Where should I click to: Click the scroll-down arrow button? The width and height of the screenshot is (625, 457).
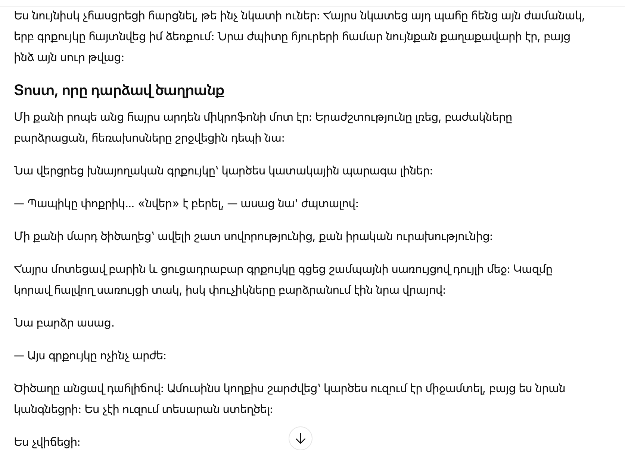click(x=300, y=439)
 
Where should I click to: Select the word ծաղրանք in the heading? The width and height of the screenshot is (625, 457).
click(x=190, y=91)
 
